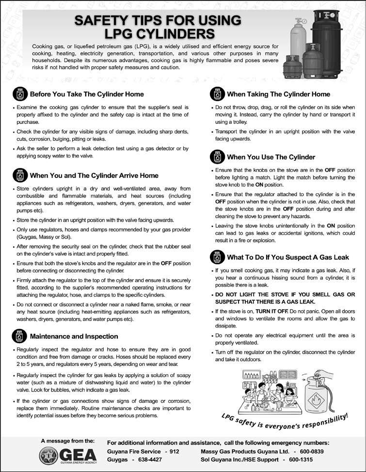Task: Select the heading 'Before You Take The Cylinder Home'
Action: [x=87, y=94]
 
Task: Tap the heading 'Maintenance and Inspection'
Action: [x=74, y=336]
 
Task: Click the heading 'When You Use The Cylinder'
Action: [x=271, y=157]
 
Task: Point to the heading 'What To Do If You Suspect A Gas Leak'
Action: [x=287, y=257]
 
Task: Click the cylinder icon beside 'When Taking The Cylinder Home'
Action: [x=217, y=94]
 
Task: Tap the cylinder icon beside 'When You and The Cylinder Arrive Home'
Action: [x=19, y=175]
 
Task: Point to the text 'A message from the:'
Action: [x=68, y=441]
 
